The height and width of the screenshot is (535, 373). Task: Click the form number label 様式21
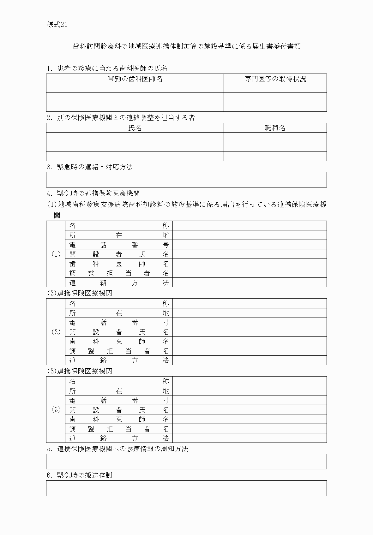(57, 25)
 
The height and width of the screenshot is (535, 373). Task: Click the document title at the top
(186, 46)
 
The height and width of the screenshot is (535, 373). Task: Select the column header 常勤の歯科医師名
(135, 79)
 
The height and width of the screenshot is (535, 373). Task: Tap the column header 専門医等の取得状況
(275, 79)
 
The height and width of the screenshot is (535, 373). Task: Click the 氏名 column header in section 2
(135, 128)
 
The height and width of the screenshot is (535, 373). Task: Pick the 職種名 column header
(275, 128)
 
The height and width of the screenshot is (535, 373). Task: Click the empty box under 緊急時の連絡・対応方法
(186, 180)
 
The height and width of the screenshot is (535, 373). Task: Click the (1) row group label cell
(56, 254)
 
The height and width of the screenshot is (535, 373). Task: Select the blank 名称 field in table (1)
(250, 226)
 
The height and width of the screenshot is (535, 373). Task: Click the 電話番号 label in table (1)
(119, 245)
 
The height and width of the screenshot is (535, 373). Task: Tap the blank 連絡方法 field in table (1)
(250, 282)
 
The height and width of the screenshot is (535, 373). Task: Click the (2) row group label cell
(56, 332)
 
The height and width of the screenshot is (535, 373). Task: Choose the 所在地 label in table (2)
(119, 313)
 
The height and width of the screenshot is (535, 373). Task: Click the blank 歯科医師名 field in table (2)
(250, 341)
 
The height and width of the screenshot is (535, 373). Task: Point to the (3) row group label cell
(56, 410)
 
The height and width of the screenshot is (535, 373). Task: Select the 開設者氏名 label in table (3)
(119, 410)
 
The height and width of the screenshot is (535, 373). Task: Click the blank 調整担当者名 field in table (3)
(250, 429)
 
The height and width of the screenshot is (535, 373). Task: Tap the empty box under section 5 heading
(186, 461)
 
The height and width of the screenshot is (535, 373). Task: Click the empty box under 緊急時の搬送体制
(186, 488)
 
